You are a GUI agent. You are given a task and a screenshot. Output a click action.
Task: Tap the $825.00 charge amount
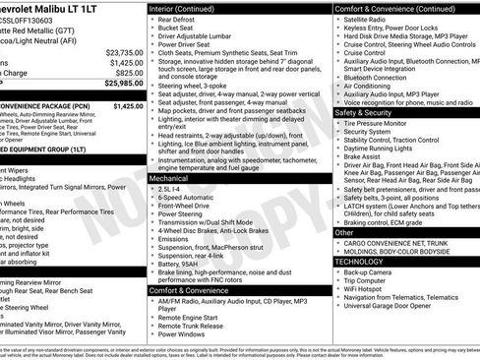click(x=129, y=72)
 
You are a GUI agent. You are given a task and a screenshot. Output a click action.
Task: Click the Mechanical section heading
click(x=171, y=180)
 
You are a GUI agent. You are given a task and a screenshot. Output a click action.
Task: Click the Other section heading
click(x=344, y=233)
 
